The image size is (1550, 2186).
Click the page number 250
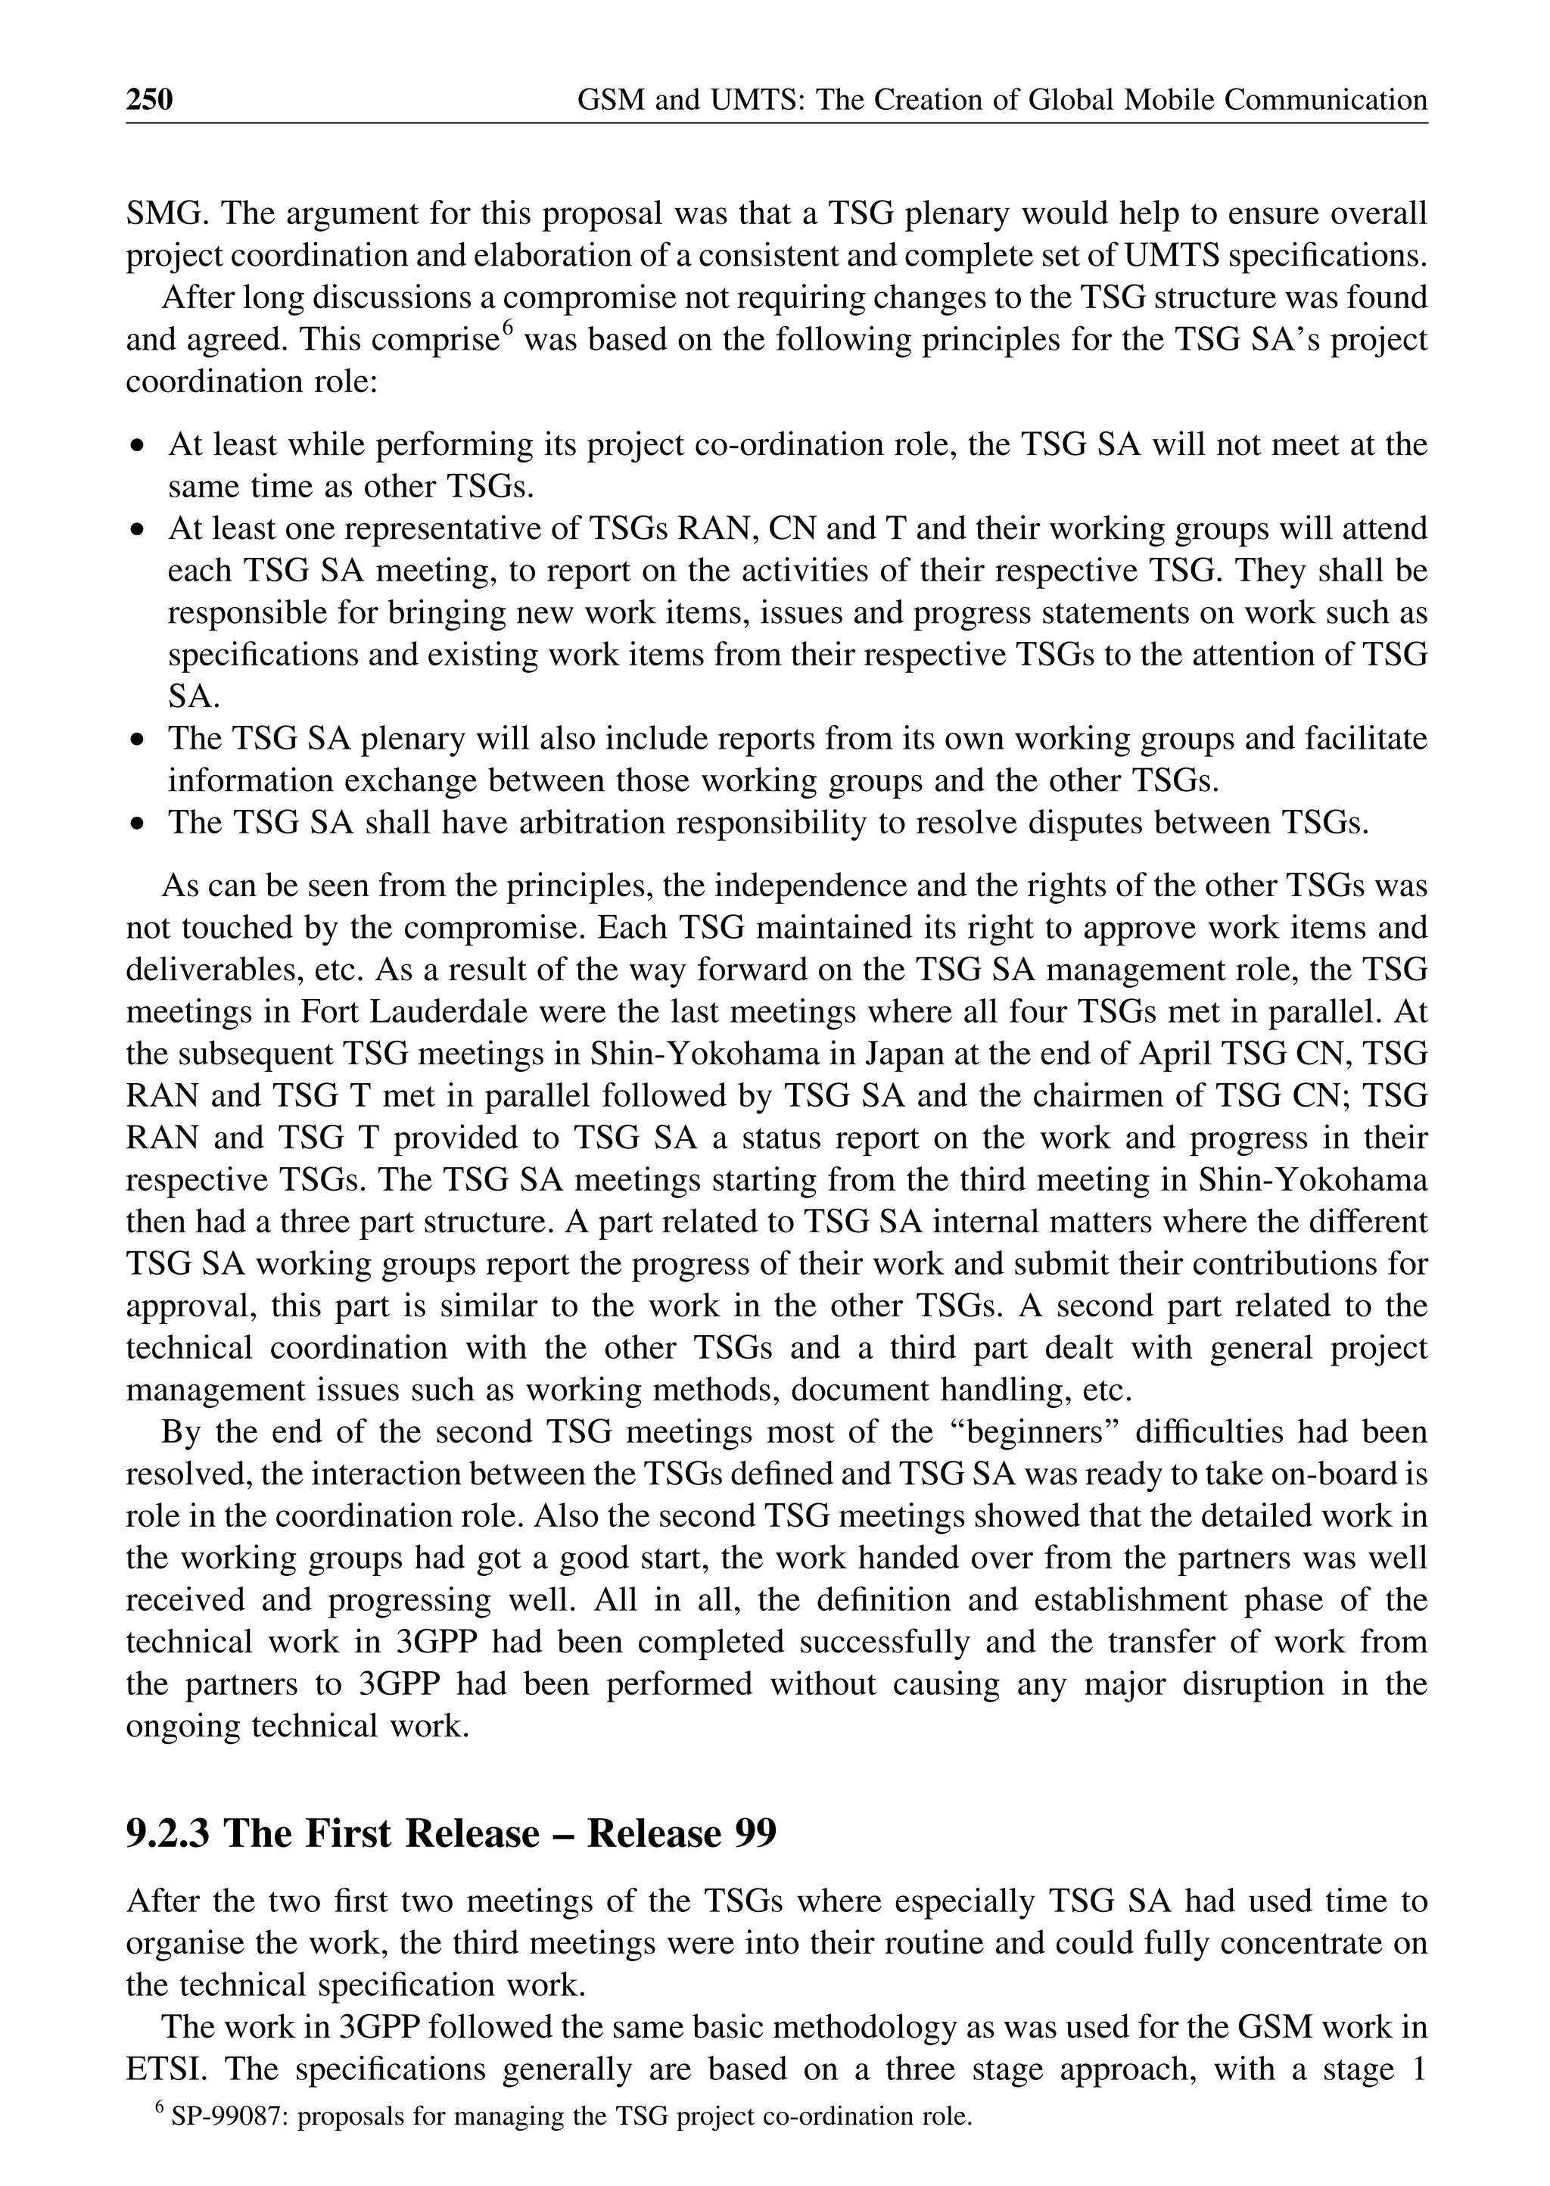point(150,99)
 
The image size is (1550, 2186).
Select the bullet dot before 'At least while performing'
point(140,446)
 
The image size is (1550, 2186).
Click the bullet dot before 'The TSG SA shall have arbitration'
point(140,823)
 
